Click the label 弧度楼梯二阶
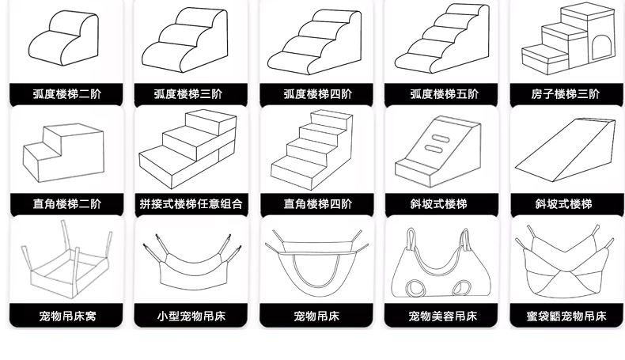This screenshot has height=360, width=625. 67,94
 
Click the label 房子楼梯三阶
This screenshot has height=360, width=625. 565,94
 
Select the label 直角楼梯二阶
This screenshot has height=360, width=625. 67,203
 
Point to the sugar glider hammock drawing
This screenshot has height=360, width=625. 563,265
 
